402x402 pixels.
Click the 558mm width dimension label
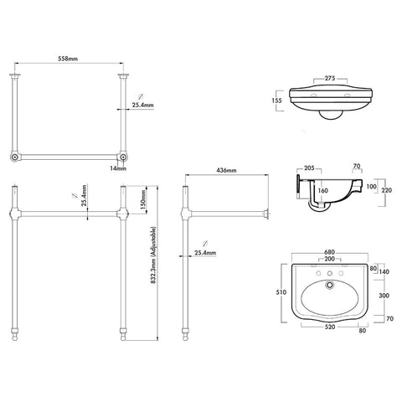tap(68, 59)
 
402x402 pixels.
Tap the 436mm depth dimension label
tap(226, 170)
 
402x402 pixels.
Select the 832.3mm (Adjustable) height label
tap(154, 255)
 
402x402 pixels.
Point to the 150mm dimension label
tap(143, 199)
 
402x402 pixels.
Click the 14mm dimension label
tap(118, 168)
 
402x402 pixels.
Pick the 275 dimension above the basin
tap(330, 78)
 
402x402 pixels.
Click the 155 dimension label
tap(276, 100)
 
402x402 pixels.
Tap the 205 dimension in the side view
tap(309, 168)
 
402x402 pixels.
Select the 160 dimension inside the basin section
tap(322, 191)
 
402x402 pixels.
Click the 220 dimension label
tap(386, 190)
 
